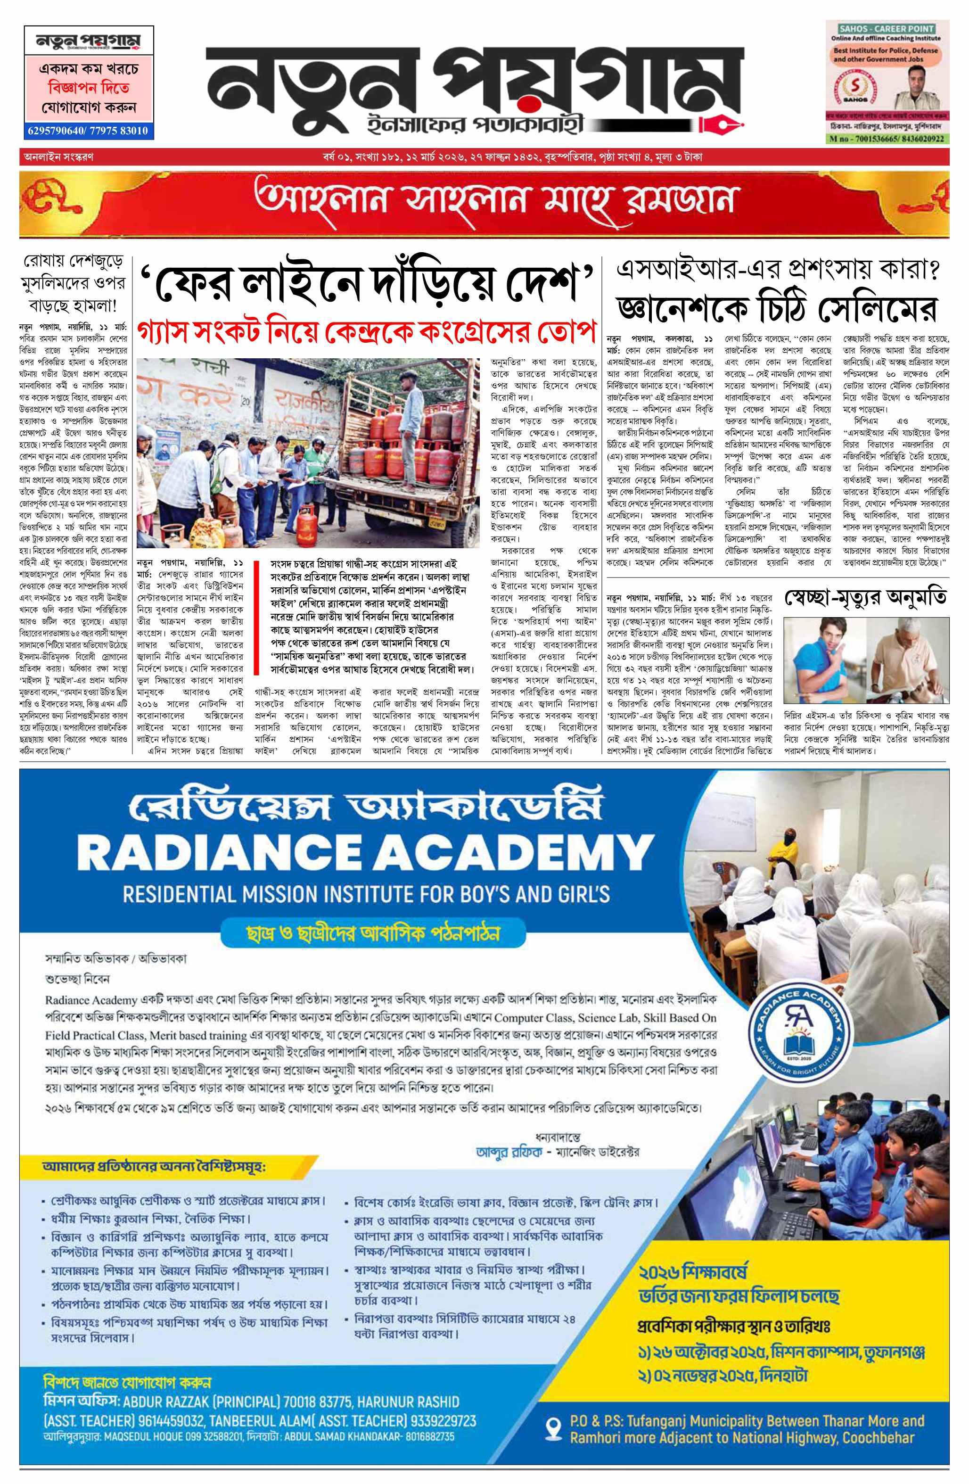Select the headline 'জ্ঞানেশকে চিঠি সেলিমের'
tap(778, 309)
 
